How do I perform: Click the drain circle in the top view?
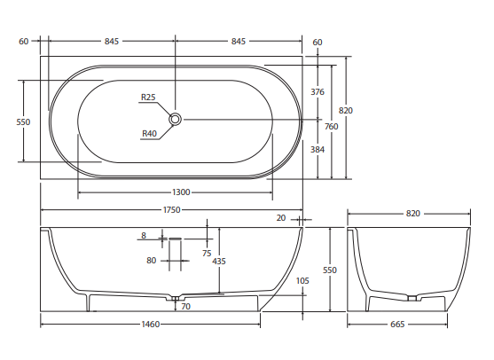click(x=176, y=118)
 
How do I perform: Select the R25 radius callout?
click(x=148, y=98)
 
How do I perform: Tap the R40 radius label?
click(x=149, y=134)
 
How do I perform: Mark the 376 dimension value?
click(x=318, y=91)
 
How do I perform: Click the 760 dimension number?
click(x=331, y=127)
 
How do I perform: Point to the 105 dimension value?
click(x=302, y=280)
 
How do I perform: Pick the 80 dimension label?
click(x=152, y=261)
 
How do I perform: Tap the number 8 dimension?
click(x=142, y=236)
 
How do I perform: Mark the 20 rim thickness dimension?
click(x=281, y=218)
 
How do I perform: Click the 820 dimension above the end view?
click(x=412, y=214)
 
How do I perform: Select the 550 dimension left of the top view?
click(x=24, y=122)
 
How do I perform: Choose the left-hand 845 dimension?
click(x=112, y=42)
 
